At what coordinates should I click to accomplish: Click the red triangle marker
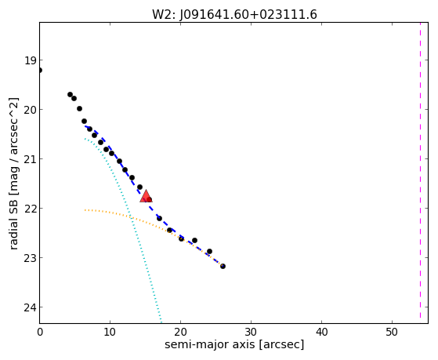(146, 196)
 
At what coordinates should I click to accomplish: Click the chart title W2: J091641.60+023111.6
(234, 15)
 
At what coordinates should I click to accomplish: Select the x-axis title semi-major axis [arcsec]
(234, 344)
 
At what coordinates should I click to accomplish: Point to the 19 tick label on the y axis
(31, 60)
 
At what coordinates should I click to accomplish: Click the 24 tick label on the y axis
(31, 307)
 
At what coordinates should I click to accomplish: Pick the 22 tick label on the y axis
(31, 209)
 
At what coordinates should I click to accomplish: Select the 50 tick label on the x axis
(392, 332)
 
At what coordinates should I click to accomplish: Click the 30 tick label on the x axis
(251, 332)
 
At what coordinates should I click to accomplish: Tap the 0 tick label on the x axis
(40, 332)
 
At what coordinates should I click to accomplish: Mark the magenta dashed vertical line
(420, 171)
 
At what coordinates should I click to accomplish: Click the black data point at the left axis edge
(40, 70)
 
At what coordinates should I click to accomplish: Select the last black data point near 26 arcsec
(223, 266)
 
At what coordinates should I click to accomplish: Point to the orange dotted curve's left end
(85, 209)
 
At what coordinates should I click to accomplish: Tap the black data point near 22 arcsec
(194, 240)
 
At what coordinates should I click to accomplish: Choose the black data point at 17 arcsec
(159, 218)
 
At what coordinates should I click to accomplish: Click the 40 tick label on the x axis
(321, 332)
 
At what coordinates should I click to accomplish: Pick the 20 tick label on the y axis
(31, 110)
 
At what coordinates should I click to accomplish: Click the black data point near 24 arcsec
(209, 251)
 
